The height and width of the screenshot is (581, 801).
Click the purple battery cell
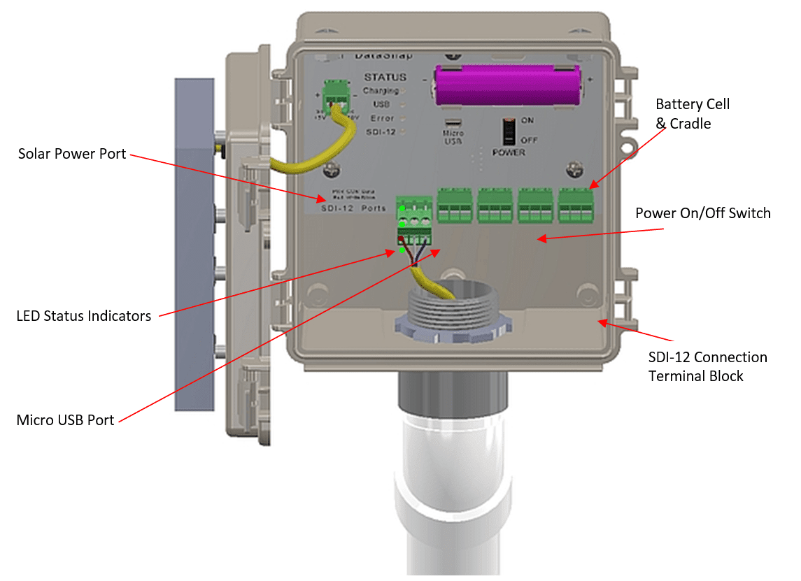pyautogui.click(x=507, y=86)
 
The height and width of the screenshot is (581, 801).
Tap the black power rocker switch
pyautogui.click(x=509, y=131)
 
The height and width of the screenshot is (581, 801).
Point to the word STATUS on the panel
pyautogui.click(x=385, y=77)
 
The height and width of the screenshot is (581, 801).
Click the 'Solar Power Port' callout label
pyautogui.click(x=72, y=154)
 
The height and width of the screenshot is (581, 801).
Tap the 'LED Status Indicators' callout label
pyautogui.click(x=83, y=316)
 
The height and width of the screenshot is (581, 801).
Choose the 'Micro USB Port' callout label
pyautogui.click(x=65, y=420)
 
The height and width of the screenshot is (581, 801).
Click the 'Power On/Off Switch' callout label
pyautogui.click(x=702, y=213)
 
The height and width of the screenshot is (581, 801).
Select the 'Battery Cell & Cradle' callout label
pyautogui.click(x=692, y=114)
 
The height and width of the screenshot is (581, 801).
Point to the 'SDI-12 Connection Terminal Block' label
pyautogui.click(x=707, y=366)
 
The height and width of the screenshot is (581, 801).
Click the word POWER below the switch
pyautogui.click(x=509, y=152)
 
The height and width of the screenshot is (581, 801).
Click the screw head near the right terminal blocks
pyautogui.click(x=575, y=168)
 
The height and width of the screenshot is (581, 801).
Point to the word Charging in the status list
pyautogui.click(x=380, y=91)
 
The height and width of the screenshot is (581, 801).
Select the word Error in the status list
pyautogui.click(x=382, y=118)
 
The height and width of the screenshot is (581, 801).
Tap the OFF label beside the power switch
pyautogui.click(x=529, y=140)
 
